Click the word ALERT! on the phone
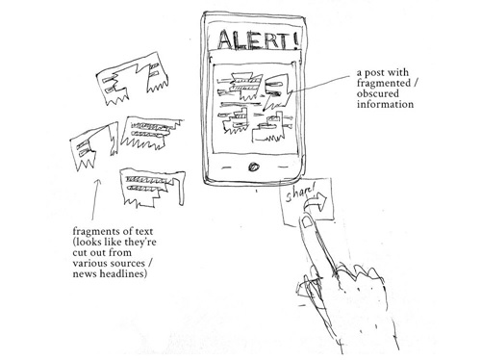[x=259, y=40]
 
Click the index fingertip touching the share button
[x=305, y=223]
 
